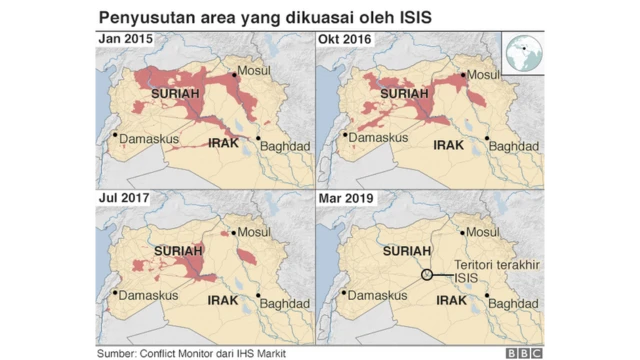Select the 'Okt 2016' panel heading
click(x=343, y=39)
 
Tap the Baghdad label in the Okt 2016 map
click(x=513, y=145)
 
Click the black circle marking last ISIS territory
click(x=427, y=274)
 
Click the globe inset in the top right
click(x=525, y=53)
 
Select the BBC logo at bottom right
click(x=522, y=353)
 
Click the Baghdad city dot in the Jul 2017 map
click(x=258, y=296)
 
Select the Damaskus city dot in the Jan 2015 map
click(x=114, y=136)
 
